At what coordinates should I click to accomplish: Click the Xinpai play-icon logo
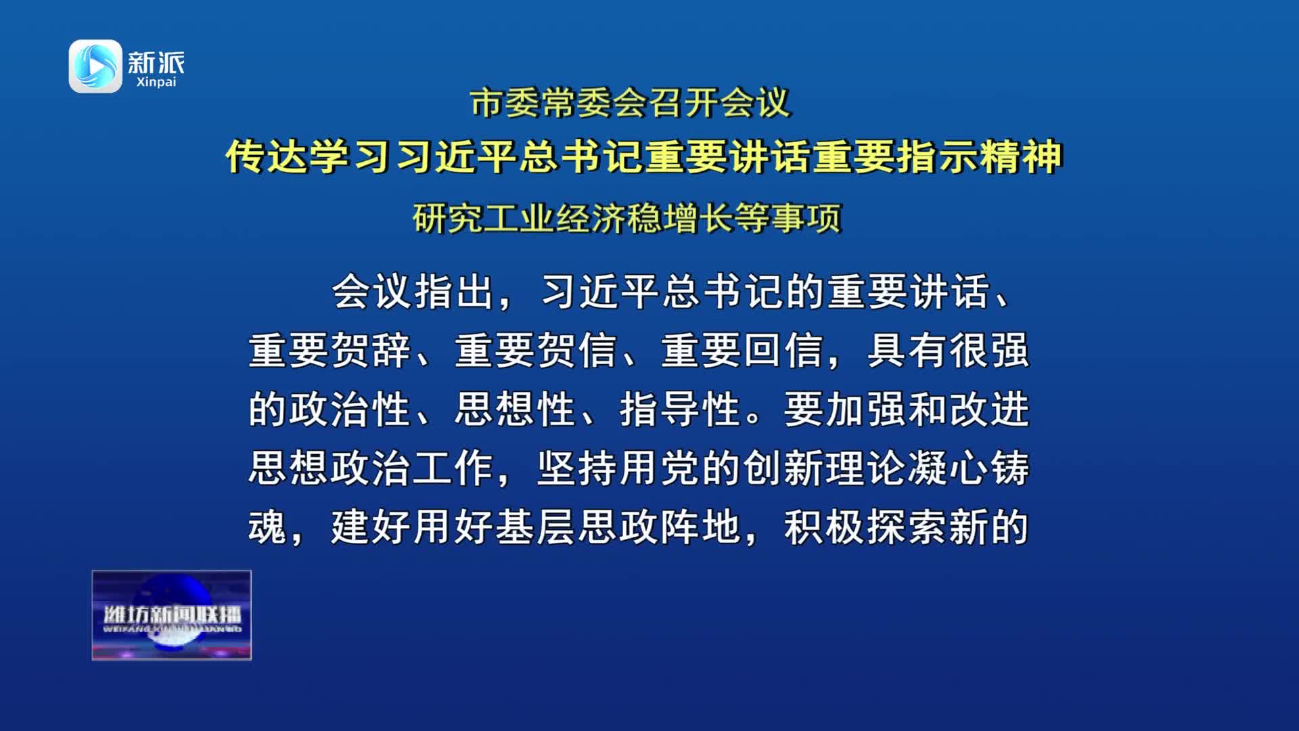(x=95, y=66)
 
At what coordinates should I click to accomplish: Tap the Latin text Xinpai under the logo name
(x=156, y=82)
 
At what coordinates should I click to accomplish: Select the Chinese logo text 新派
(x=156, y=62)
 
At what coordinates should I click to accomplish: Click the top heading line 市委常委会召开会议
(x=631, y=104)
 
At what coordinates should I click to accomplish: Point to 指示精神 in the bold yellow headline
(x=980, y=156)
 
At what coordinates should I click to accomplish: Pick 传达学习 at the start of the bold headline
(x=309, y=156)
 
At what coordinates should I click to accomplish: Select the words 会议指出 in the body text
(x=413, y=292)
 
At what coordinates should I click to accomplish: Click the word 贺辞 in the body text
(x=371, y=351)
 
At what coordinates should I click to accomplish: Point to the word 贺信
(x=577, y=351)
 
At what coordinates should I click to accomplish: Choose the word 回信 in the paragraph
(x=783, y=351)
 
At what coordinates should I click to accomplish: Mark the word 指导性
(x=680, y=409)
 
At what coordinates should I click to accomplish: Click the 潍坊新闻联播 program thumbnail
(x=172, y=615)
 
